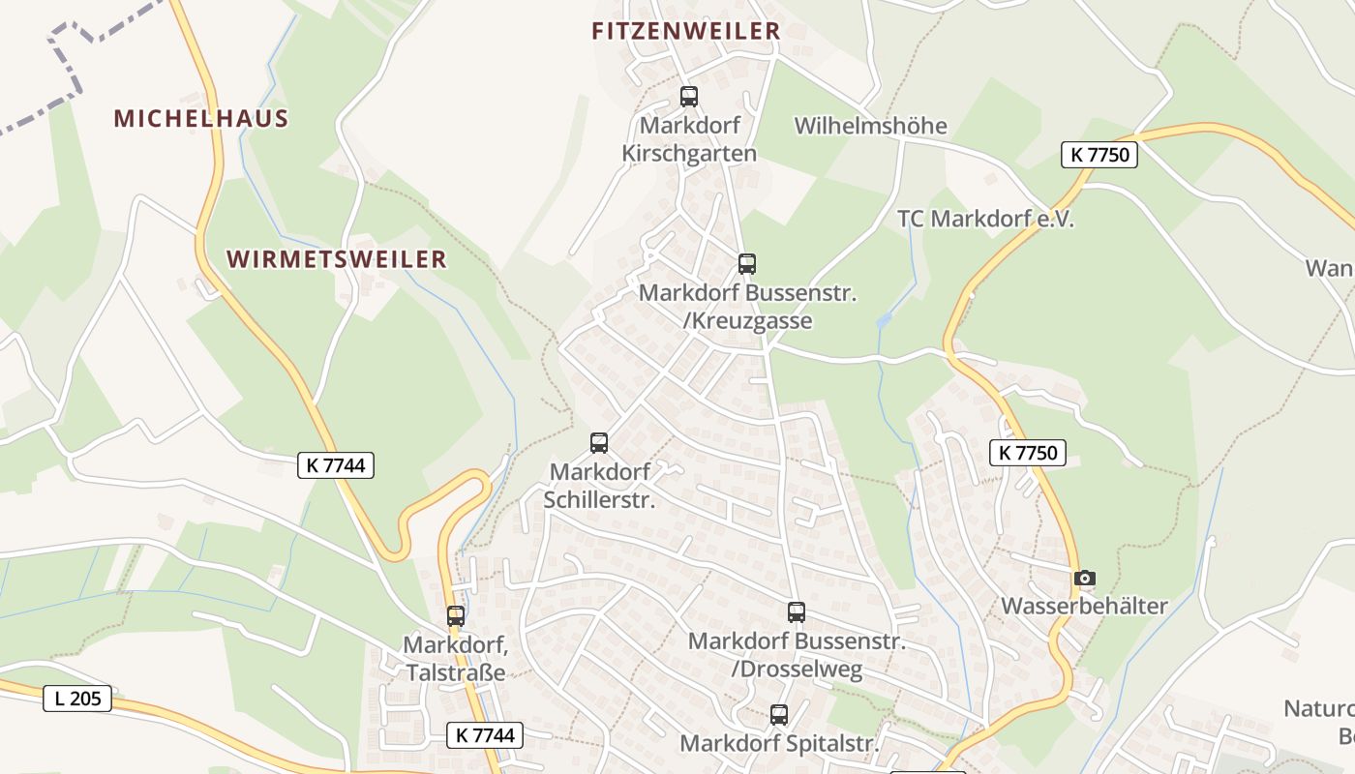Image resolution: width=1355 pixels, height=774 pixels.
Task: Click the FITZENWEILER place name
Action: pos(685,31)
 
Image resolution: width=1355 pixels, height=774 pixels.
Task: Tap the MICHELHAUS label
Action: pos(201,119)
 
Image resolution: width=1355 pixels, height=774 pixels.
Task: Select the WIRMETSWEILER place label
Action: pos(337,259)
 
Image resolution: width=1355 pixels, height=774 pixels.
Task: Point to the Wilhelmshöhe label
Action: pos(870,126)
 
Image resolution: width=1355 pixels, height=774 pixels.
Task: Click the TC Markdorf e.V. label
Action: pos(985,219)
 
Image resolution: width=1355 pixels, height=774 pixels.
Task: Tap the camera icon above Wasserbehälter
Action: pos(1085,579)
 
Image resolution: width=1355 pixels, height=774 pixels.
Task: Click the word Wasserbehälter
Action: pos(1084,607)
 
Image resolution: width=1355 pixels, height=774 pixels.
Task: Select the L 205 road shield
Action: pos(77,699)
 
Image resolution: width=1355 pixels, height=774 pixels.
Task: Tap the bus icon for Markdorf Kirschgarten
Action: pos(689,97)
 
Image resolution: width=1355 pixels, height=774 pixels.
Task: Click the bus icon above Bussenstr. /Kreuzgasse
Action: pos(747,263)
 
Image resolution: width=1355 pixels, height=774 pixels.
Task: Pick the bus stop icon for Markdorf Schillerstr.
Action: pos(599,443)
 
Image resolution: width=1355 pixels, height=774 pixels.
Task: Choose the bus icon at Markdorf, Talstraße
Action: pos(456,616)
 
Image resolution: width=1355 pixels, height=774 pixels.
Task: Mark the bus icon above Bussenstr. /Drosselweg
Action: pos(797,612)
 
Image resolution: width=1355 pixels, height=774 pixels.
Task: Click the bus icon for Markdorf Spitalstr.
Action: pos(779,715)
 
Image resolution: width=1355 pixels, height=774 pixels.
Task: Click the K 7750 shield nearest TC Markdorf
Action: pos(1099,155)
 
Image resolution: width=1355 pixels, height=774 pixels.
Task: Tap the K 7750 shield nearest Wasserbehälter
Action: pos(1027,452)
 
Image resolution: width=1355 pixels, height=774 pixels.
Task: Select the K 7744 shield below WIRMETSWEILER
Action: pos(335,465)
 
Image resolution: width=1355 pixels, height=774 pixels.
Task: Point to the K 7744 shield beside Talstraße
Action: pos(485,735)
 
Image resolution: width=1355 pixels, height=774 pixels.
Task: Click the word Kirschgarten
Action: pos(689,153)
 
